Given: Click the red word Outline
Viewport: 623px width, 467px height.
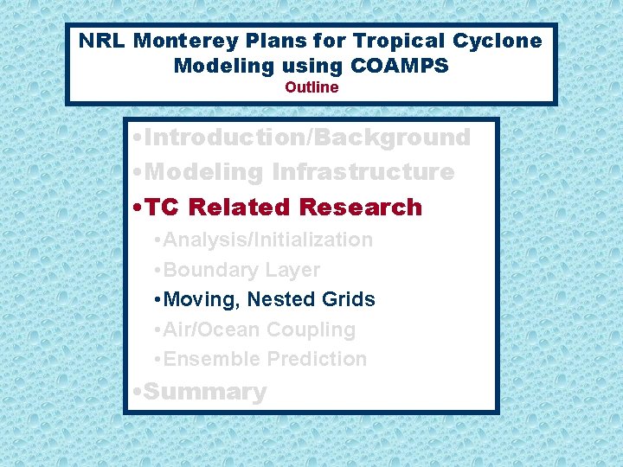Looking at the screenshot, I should pos(311,87).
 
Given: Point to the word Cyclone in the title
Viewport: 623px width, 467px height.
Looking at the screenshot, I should pos(502,41).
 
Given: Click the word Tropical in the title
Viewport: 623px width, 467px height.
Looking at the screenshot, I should pos(414,41).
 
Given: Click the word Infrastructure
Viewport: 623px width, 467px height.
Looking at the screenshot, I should pos(363,172).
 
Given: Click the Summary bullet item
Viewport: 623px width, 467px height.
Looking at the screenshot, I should pos(204,392).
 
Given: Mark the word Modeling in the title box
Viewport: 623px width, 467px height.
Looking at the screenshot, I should pos(220,66).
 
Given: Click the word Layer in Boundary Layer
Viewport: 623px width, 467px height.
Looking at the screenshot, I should pos(293,270).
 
